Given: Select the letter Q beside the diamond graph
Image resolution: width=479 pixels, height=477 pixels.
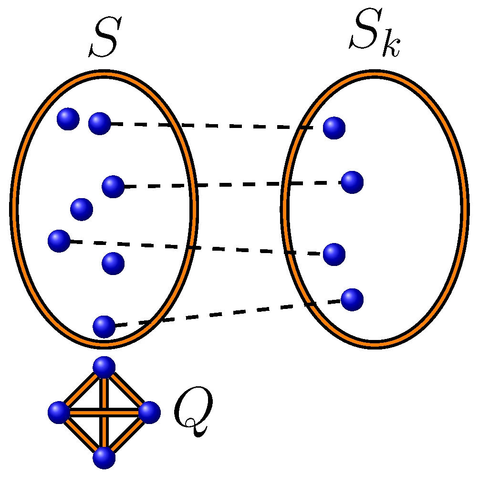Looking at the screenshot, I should tap(192, 412).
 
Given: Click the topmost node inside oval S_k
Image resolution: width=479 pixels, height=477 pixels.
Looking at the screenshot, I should tap(334, 128).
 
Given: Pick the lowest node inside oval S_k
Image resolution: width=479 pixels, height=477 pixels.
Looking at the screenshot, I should tap(352, 299).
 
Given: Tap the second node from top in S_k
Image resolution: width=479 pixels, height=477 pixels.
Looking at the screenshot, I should tap(352, 182).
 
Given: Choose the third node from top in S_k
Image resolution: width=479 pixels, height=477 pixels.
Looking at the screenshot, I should tap(334, 254).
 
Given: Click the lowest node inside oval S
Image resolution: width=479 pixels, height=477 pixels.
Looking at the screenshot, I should tap(104, 327).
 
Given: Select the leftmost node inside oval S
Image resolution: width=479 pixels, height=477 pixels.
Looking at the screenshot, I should tap(59, 241).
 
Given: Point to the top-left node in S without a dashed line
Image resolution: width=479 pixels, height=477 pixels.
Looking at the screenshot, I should tap(68, 119).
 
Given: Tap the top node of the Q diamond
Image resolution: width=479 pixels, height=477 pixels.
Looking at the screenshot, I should tap(104, 367).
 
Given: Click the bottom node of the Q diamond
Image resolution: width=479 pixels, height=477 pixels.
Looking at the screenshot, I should tap(104, 458).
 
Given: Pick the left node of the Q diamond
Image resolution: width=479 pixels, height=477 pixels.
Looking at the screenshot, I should tap(59, 412).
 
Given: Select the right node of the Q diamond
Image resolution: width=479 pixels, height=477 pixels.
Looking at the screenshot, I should tap(149, 412).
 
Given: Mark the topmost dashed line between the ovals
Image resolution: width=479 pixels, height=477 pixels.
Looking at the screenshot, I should tap(215, 126).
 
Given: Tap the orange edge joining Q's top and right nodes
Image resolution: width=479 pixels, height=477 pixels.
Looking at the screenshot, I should tap(127, 390).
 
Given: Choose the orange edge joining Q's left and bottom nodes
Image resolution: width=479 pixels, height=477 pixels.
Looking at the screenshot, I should tap(81, 435).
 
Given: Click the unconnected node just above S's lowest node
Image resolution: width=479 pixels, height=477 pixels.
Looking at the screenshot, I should tap(113, 263).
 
